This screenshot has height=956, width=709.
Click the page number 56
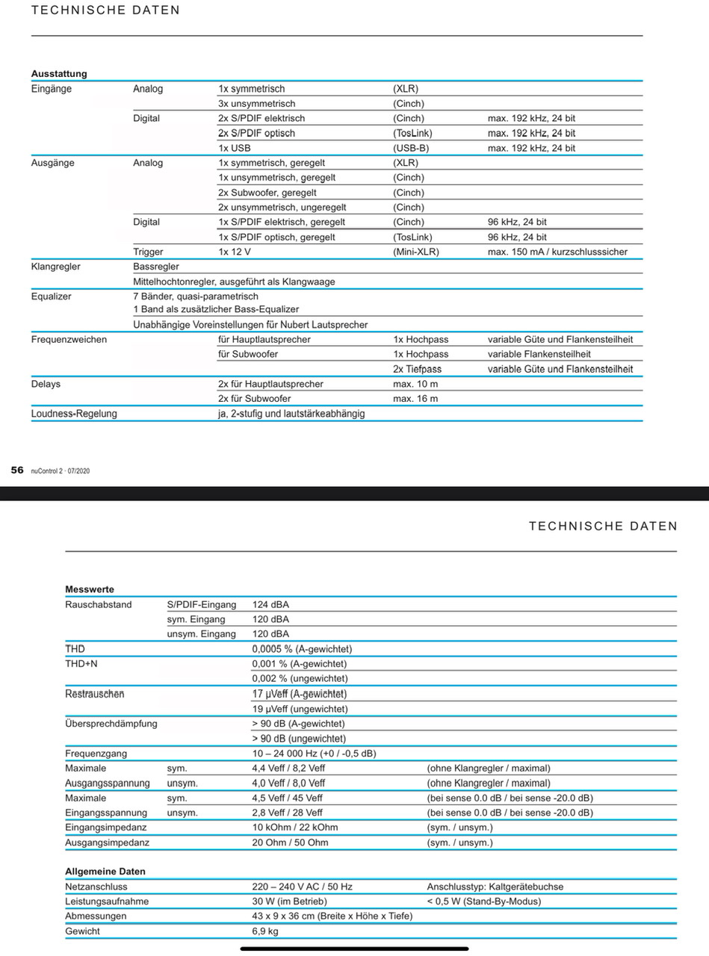[x=16, y=470]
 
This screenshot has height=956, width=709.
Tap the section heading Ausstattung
[x=59, y=74]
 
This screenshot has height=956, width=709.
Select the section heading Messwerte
[x=90, y=589]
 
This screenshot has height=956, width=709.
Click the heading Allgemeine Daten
[x=105, y=872]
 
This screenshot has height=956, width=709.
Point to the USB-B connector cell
[x=411, y=148]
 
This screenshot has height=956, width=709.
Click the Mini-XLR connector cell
[x=416, y=252]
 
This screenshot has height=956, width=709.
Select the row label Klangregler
[x=56, y=267]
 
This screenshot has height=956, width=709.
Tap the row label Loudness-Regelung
[x=74, y=413]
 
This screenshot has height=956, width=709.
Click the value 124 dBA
[x=270, y=604]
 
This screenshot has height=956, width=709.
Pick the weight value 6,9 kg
[x=265, y=931]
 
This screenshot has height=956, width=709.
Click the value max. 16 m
[x=415, y=399]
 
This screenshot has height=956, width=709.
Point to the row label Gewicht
[x=82, y=931]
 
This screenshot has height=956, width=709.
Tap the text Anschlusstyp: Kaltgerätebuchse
[x=495, y=887]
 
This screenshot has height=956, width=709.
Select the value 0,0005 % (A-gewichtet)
[x=302, y=649]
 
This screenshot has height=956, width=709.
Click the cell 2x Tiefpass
[x=418, y=369]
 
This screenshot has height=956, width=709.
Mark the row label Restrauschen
[x=95, y=694]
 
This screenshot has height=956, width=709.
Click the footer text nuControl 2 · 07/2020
[x=60, y=471]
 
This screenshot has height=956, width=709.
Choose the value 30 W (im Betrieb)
[x=289, y=901]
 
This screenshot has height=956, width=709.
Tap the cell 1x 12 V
[x=235, y=252]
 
